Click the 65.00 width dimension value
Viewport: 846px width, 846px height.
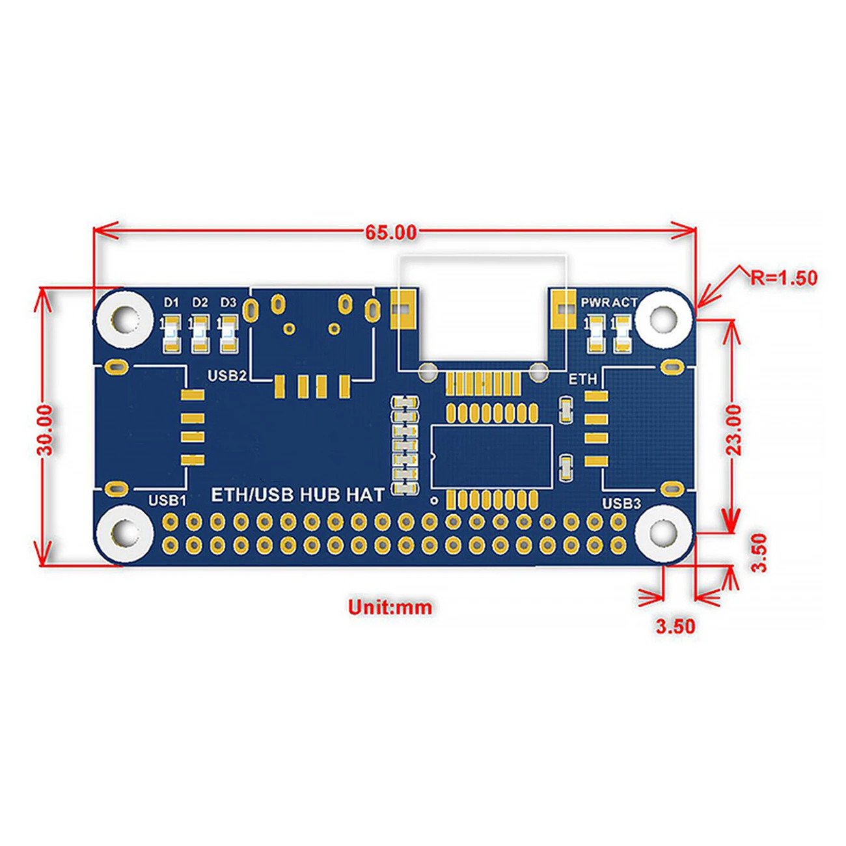(x=390, y=232)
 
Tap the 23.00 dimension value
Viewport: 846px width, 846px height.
(x=733, y=430)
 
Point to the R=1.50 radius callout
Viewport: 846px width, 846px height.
(x=784, y=278)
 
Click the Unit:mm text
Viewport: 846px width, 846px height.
(x=390, y=608)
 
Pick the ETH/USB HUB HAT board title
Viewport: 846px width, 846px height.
(x=298, y=495)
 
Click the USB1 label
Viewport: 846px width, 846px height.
(x=167, y=500)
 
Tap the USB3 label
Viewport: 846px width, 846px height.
(x=621, y=503)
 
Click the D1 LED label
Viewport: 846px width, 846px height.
(x=171, y=303)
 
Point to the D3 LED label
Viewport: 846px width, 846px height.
(x=228, y=303)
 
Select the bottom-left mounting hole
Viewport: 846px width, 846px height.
(x=125, y=533)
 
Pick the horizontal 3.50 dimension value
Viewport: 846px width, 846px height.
(x=675, y=627)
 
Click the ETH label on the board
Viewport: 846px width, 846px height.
(x=582, y=379)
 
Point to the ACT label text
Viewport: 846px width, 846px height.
(x=624, y=303)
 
